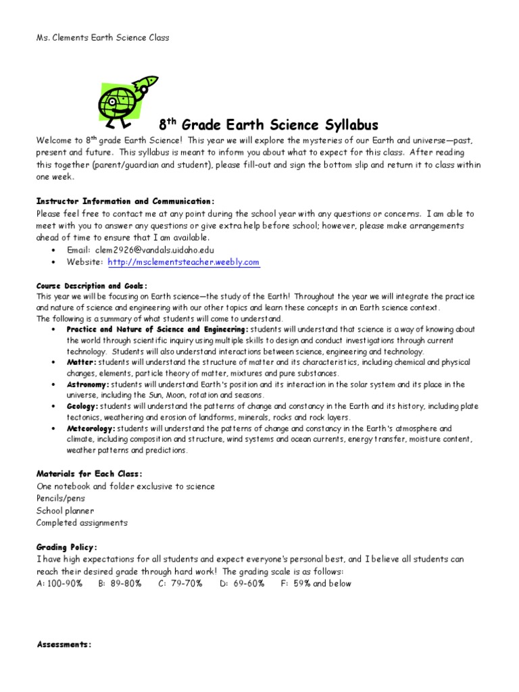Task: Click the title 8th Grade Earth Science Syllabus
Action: tap(268, 125)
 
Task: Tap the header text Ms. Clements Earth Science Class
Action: tap(102, 38)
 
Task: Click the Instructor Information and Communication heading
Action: tap(125, 201)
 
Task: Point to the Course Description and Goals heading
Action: tap(92, 286)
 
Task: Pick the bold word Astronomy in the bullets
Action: tap(87, 385)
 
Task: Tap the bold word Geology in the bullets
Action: tap(82, 406)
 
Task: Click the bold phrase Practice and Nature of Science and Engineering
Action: tap(157, 329)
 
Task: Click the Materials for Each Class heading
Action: tap(89, 473)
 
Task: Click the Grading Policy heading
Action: tap(67, 547)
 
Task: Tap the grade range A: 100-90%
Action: tap(59, 583)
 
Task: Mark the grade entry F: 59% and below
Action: tap(316, 583)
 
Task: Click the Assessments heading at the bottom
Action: tap(64, 645)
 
